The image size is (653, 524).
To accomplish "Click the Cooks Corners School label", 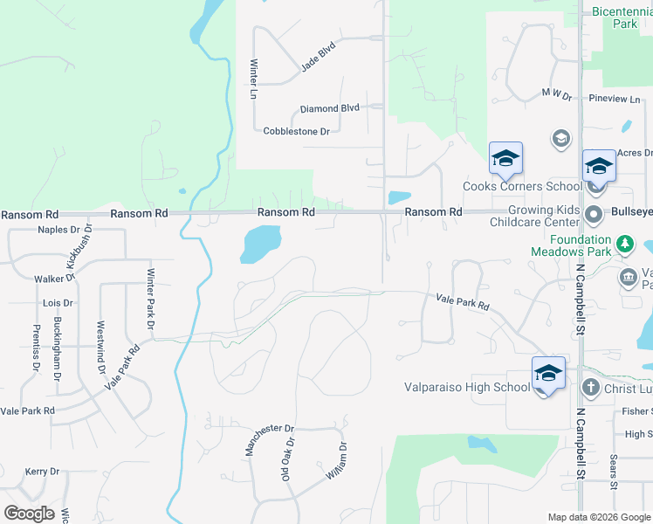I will pyautogui.click(x=522, y=186).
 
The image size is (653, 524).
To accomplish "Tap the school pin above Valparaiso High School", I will pyautogui.click(x=548, y=374).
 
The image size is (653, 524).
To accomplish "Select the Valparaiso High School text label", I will pyautogui.click(x=466, y=388).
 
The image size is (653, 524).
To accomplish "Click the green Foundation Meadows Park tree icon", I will pyautogui.click(x=625, y=243).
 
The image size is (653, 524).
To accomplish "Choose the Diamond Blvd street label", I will pyautogui.click(x=329, y=109).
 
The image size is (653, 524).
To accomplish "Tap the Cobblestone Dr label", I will pyautogui.click(x=296, y=131).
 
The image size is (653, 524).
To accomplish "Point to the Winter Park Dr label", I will pyautogui.click(x=150, y=298).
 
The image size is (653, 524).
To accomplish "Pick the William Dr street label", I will pyautogui.click(x=336, y=459).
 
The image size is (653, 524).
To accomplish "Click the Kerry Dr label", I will pyautogui.click(x=42, y=472).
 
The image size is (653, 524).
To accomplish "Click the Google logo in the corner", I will pyautogui.click(x=29, y=514).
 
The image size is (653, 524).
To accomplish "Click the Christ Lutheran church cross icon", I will pyautogui.click(x=591, y=388).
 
